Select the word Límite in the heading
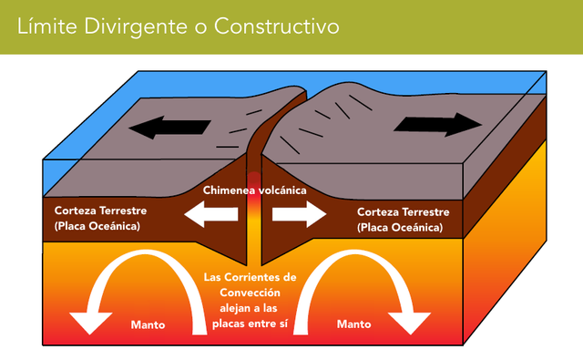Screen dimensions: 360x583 (47, 26)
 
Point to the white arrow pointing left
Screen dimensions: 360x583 (210, 216)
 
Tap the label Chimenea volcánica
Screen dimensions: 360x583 (254, 190)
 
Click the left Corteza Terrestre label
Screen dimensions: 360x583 (100, 210)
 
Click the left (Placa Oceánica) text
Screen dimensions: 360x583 (97, 225)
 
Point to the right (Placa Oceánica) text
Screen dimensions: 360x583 (400, 225)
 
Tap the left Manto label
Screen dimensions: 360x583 (148, 324)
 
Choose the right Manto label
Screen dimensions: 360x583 (354, 324)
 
